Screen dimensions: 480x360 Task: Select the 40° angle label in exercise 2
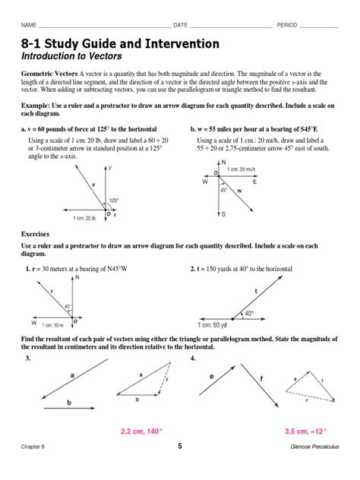coord(249,312)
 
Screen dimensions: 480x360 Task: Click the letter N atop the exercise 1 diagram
coord(77,278)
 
